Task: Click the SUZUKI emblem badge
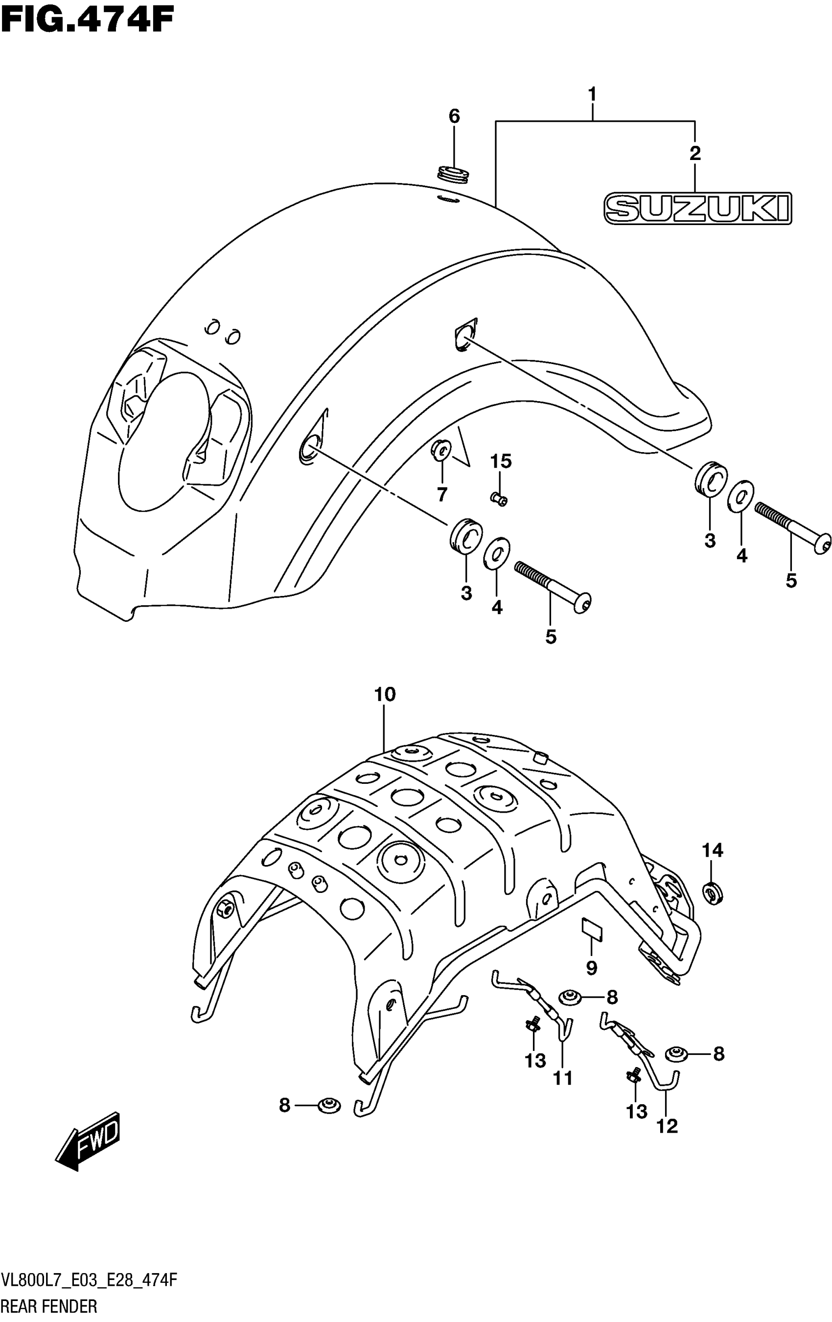(697, 208)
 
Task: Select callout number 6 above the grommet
(454, 116)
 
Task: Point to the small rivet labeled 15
(499, 499)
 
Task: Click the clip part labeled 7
(441, 450)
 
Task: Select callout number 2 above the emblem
(695, 153)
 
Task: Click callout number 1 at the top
(592, 94)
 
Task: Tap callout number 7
(441, 494)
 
